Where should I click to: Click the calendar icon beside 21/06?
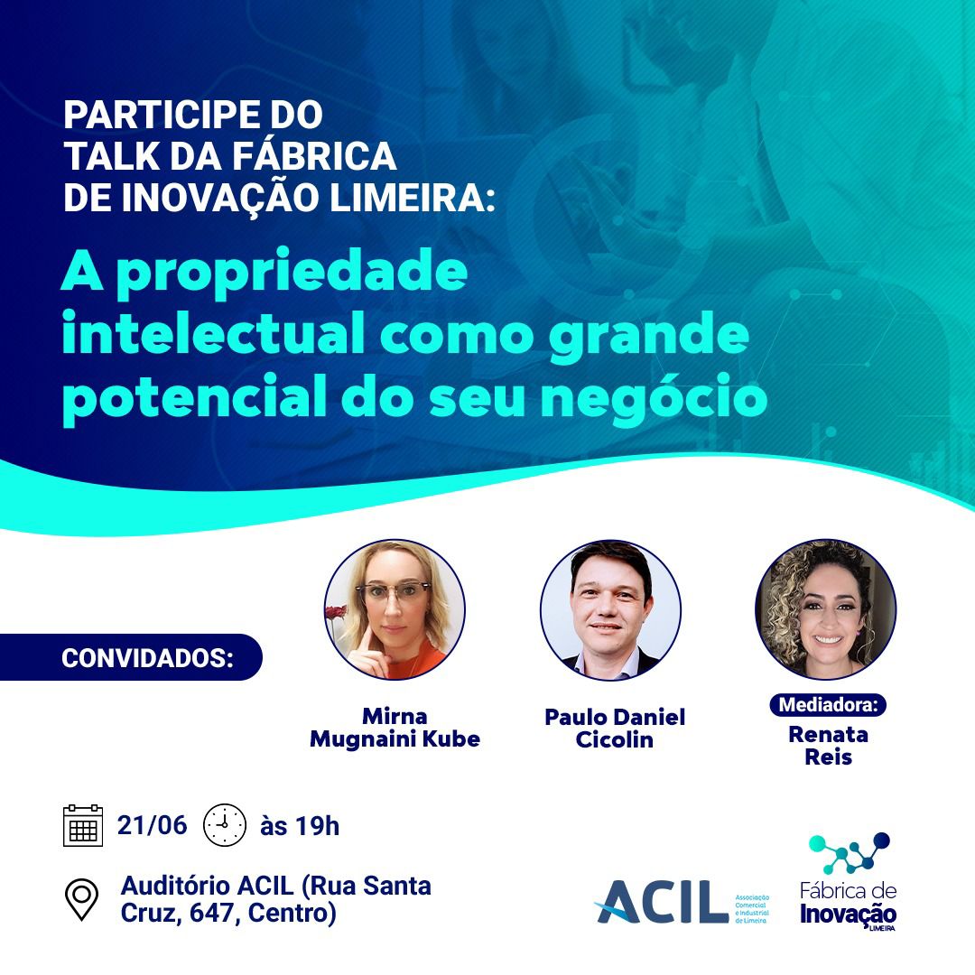click(x=83, y=825)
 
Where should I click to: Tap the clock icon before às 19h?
click(x=225, y=825)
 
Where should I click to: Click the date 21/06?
click(x=152, y=825)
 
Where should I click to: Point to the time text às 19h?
click(x=300, y=826)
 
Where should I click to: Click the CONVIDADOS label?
click(x=147, y=658)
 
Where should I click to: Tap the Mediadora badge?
click(x=828, y=704)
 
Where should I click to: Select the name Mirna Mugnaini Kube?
click(x=395, y=728)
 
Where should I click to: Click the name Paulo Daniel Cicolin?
click(x=615, y=729)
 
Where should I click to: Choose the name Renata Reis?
click(x=828, y=746)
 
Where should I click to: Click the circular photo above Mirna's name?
click(x=395, y=609)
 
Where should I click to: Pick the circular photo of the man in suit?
click(x=610, y=609)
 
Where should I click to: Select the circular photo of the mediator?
click(x=826, y=609)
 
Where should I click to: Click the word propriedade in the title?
click(x=292, y=273)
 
